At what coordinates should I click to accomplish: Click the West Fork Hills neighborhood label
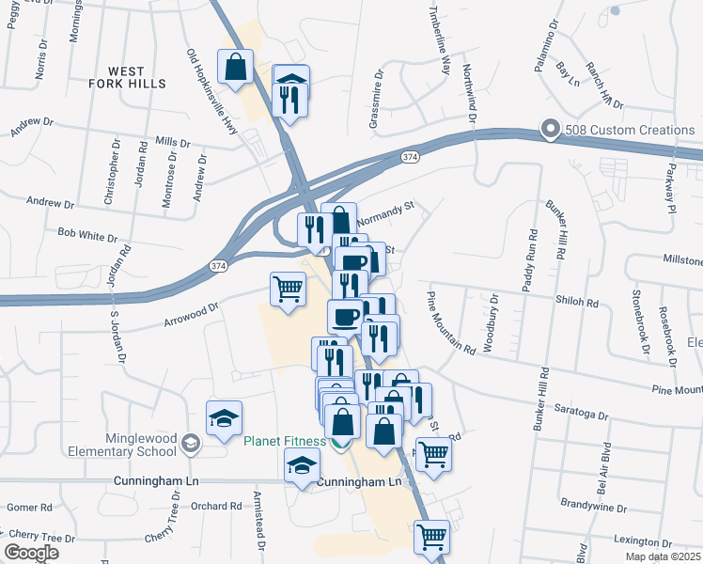pyautogui.click(x=137, y=77)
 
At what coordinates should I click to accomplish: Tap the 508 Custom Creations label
pyautogui.click(x=623, y=130)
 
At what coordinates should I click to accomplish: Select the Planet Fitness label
pyautogui.click(x=286, y=441)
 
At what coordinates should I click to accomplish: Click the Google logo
pyautogui.click(x=31, y=553)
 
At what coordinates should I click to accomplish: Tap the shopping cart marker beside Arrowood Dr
pyautogui.click(x=288, y=289)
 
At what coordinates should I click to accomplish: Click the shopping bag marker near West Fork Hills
pyautogui.click(x=234, y=67)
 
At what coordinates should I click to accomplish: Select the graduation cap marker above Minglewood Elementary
pyautogui.click(x=224, y=418)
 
